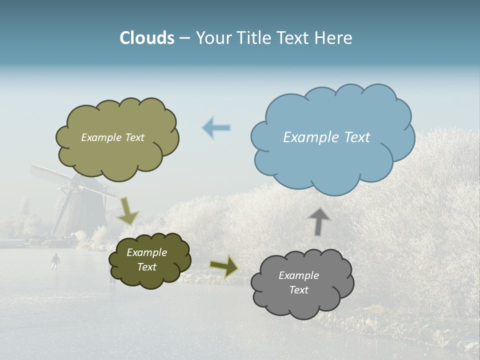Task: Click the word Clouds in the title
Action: [147, 38]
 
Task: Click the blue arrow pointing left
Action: [216, 128]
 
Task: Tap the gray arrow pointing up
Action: [319, 221]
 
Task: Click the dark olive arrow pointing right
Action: [224, 266]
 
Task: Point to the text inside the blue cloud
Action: [326, 137]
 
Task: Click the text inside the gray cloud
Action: [298, 282]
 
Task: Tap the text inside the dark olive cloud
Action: [146, 259]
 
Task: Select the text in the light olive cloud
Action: [112, 137]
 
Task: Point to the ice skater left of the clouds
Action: [55, 261]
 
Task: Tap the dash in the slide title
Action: [184, 38]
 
